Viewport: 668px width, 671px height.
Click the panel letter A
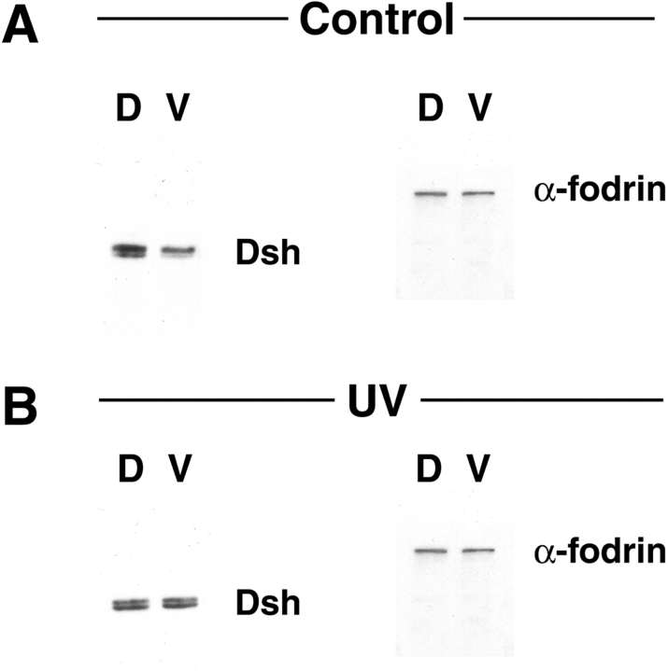(21, 26)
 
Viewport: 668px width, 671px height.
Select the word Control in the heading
(377, 20)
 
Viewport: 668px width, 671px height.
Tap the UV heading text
(377, 400)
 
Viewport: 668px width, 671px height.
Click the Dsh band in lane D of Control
(130, 250)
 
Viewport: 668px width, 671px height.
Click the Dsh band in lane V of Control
(178, 251)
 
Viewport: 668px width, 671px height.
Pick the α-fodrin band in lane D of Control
(431, 194)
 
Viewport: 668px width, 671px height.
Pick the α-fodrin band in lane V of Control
(478, 193)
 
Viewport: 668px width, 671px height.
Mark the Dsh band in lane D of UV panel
(131, 605)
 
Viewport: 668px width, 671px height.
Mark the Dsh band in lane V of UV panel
(179, 603)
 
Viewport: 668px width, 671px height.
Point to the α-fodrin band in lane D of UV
(431, 551)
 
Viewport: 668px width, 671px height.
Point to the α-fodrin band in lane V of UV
(478, 551)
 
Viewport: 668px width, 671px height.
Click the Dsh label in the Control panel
(268, 253)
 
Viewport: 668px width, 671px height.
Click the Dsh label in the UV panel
(268, 603)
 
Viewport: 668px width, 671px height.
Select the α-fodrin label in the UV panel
(600, 551)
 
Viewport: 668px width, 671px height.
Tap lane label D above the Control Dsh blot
(129, 107)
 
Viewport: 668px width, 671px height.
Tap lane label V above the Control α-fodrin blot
(478, 107)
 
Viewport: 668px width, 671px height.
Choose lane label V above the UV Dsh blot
(178, 468)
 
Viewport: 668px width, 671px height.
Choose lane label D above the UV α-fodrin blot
(429, 468)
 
